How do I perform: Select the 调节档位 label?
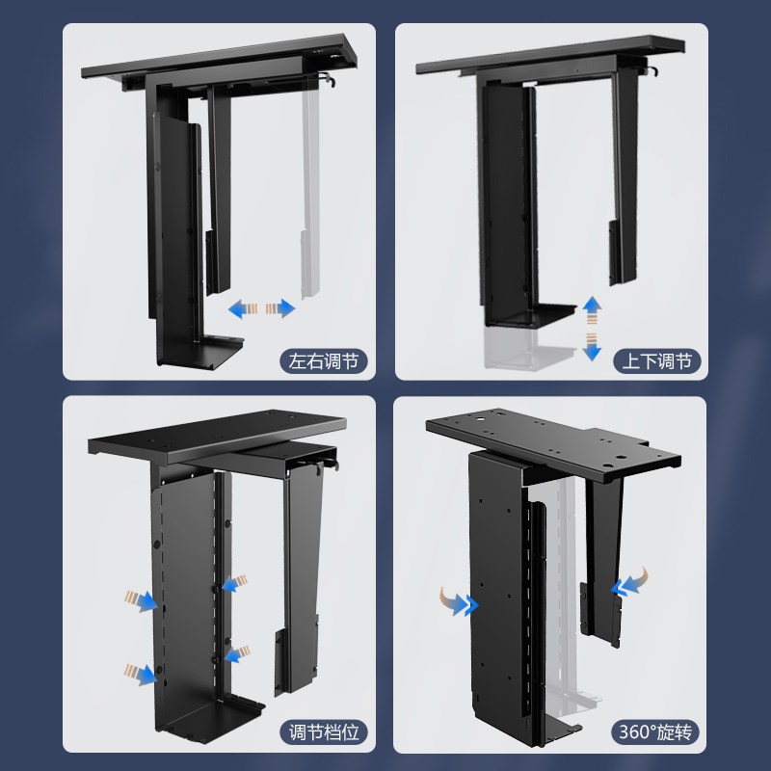pos(324,731)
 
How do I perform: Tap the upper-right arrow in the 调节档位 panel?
pos(231,584)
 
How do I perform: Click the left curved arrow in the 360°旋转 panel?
pos(464,603)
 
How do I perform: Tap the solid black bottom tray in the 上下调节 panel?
pos(530,315)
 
